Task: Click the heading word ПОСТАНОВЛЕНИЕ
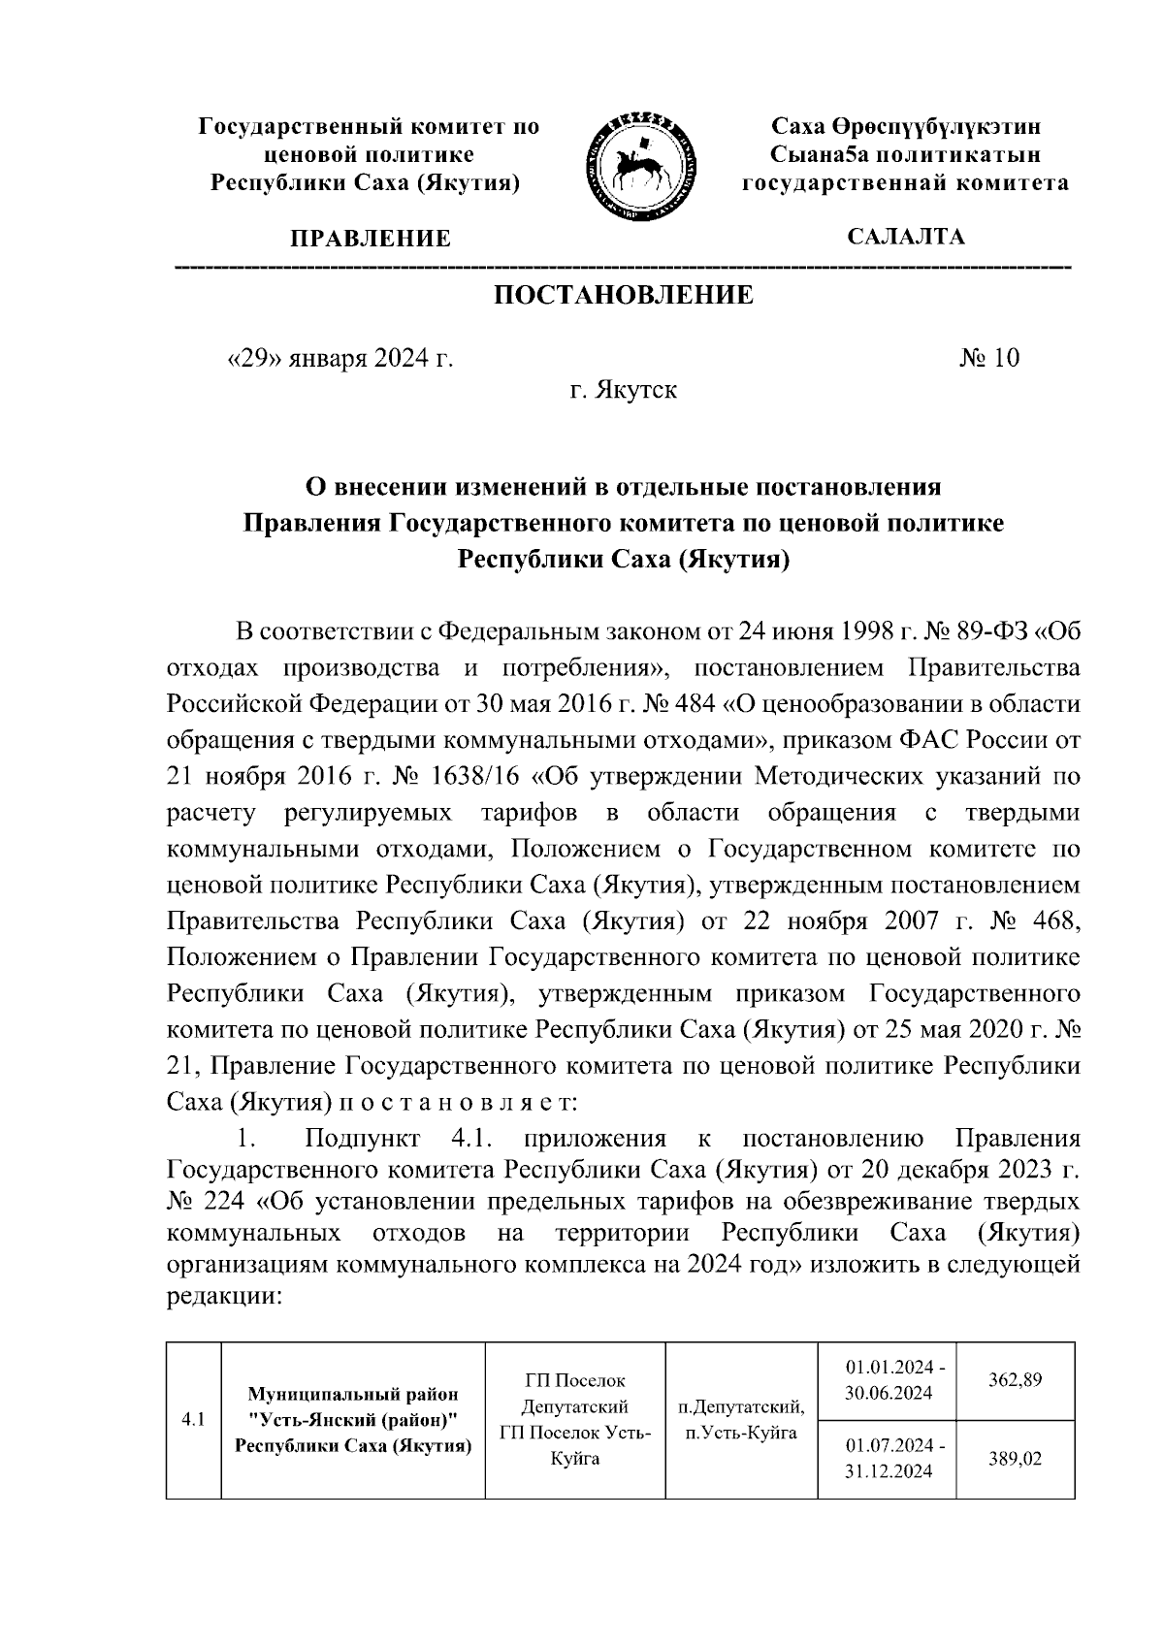(624, 295)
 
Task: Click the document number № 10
(989, 359)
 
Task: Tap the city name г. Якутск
(623, 391)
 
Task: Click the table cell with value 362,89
(1015, 1380)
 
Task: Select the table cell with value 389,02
(1015, 1458)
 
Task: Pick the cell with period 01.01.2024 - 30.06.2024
(888, 1380)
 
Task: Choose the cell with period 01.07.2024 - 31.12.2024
(888, 1458)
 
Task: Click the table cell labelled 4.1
(193, 1420)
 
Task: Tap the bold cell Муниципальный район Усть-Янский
(353, 1420)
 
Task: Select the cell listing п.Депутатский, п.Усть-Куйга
(741, 1419)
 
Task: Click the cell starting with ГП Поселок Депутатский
(574, 1419)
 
